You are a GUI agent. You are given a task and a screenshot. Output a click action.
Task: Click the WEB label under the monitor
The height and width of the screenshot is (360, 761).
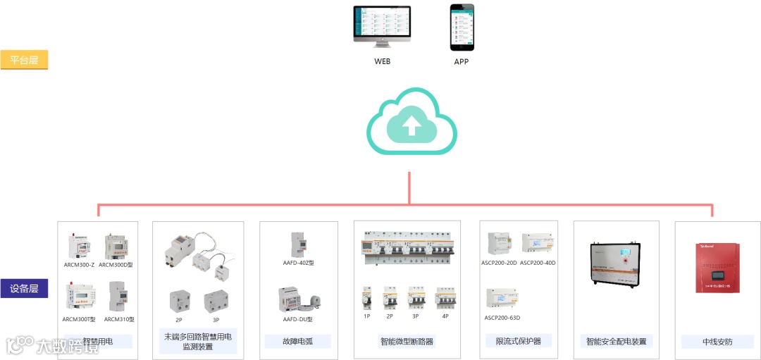click(x=382, y=61)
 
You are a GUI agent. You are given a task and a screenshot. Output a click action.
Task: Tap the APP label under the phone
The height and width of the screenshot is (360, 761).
click(x=462, y=61)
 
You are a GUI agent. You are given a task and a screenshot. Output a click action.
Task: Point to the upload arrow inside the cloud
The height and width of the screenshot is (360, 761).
click(x=412, y=125)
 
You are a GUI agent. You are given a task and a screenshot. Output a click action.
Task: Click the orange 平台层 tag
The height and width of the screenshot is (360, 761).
click(x=24, y=60)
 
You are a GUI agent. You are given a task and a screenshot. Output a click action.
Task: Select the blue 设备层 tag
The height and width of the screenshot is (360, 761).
click(x=24, y=288)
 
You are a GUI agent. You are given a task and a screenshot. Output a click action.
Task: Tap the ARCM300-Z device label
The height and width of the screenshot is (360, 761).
click(x=79, y=264)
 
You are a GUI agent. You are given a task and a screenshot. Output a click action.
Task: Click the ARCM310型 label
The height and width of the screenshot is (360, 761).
click(x=119, y=319)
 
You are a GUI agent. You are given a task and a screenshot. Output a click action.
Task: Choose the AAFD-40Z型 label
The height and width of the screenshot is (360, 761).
click(x=298, y=262)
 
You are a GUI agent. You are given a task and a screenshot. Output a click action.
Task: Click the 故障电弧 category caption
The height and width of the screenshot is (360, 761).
click(x=298, y=342)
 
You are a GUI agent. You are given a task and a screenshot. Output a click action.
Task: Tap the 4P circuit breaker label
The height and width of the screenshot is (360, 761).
click(x=445, y=316)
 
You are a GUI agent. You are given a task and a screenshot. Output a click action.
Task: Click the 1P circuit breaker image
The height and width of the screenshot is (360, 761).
click(x=366, y=299)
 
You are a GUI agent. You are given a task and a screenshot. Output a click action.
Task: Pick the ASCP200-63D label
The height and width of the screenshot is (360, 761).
click(x=502, y=318)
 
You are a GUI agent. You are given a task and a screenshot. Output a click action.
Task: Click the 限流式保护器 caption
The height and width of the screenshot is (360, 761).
click(x=519, y=341)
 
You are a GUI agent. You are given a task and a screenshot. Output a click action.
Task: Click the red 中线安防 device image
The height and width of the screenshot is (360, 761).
click(x=717, y=267)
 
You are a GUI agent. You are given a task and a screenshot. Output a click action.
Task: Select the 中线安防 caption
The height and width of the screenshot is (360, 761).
click(x=717, y=342)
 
